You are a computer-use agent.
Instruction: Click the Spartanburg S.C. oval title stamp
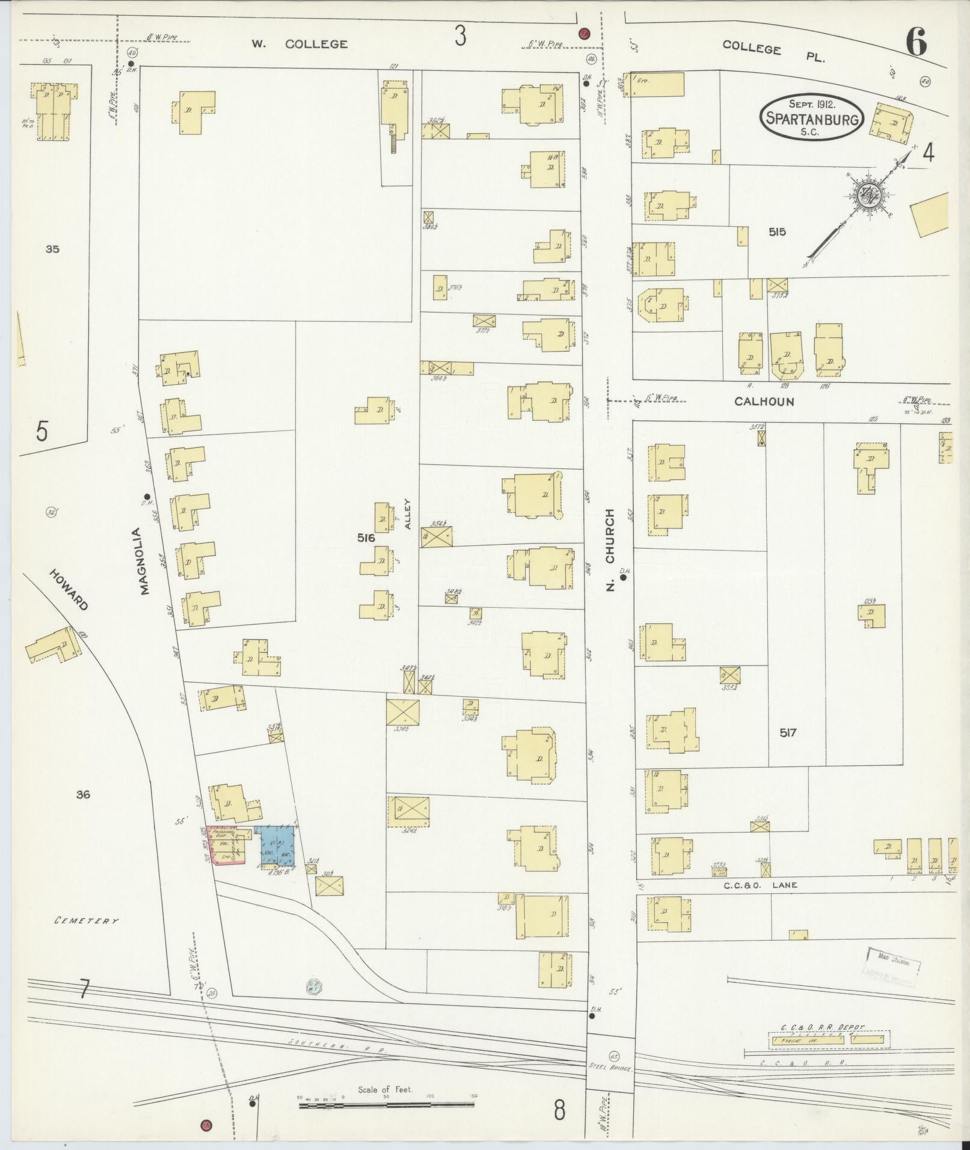812,117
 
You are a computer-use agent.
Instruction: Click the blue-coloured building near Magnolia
274,845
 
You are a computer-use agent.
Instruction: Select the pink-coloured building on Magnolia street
224,845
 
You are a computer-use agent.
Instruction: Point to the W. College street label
299,44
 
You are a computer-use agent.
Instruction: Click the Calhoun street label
764,402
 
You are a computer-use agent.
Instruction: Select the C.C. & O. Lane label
752,885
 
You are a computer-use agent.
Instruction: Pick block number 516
366,538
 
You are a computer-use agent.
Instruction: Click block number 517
788,733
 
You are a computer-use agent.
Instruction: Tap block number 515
776,231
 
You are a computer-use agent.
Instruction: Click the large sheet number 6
915,42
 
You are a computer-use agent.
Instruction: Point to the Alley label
407,513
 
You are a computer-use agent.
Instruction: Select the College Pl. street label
773,52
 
